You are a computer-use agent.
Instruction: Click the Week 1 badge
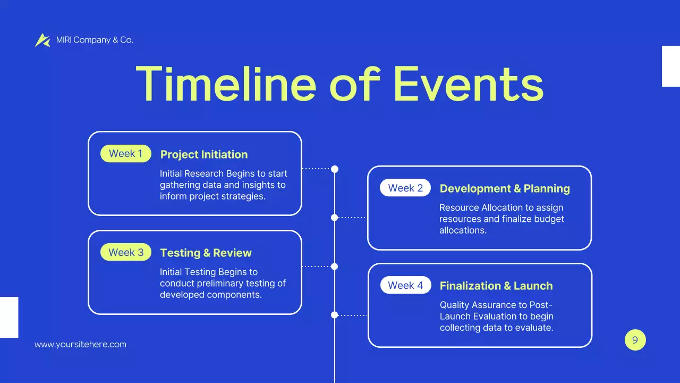click(126, 154)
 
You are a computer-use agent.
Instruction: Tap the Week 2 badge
click(405, 188)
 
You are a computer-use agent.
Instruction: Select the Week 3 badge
click(126, 252)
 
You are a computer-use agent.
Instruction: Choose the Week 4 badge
click(405, 285)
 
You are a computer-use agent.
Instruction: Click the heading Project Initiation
click(204, 154)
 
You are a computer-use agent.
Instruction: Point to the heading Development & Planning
click(505, 188)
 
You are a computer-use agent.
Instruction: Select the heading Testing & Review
click(206, 253)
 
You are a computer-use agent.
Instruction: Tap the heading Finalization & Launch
click(496, 286)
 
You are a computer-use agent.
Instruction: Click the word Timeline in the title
click(226, 84)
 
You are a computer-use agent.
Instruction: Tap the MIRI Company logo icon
click(42, 40)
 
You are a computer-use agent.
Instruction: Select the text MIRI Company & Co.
click(95, 40)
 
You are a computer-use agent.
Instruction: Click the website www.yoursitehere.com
click(80, 344)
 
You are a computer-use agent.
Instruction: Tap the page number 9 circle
click(635, 340)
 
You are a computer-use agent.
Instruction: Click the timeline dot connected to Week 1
click(335, 169)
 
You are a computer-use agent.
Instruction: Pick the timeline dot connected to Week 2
click(335, 217)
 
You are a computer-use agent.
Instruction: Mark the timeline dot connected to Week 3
click(335, 267)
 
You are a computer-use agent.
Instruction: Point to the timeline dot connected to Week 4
click(335, 315)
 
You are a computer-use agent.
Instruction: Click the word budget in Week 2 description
click(550, 219)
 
